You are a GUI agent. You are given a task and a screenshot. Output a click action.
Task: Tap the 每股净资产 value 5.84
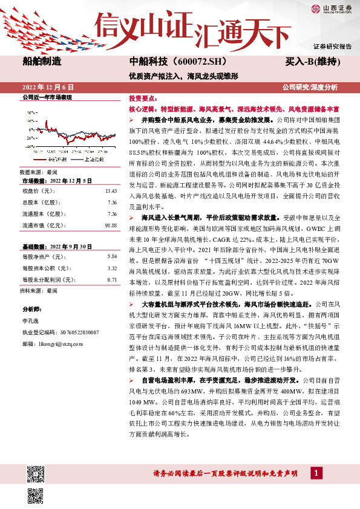pos(111,256)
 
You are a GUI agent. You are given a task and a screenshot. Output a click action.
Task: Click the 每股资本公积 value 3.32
pos(111,268)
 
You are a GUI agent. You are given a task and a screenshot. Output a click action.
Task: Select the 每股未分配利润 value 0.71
pos(111,279)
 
